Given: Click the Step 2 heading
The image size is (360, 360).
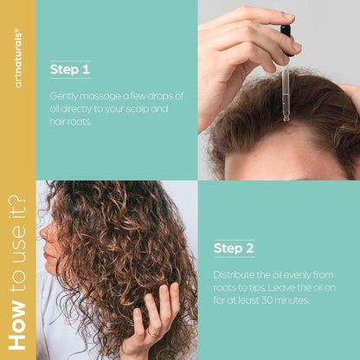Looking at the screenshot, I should click(234, 248).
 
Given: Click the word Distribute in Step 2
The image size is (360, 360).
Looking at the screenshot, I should click(235, 276).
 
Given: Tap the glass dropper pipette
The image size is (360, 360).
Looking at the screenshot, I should click(286, 87).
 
